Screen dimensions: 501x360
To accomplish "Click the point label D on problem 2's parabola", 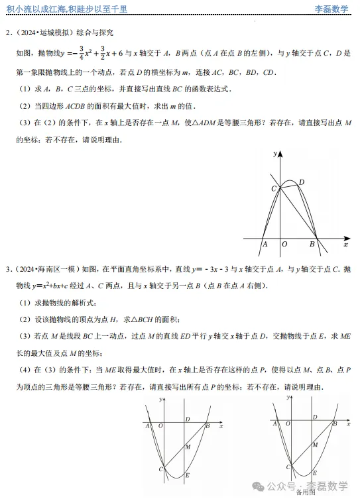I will [x=301, y=182].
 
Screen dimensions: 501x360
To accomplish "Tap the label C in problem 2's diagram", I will [x=273, y=189].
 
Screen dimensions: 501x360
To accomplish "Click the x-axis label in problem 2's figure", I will [x=345, y=245].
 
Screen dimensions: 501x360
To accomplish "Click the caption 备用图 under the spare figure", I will [x=306, y=492].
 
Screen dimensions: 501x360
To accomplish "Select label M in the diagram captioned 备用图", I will [x=315, y=445].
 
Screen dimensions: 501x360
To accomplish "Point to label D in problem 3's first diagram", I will [x=188, y=419].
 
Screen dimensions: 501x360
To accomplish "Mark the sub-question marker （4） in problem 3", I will [x=23, y=368].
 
